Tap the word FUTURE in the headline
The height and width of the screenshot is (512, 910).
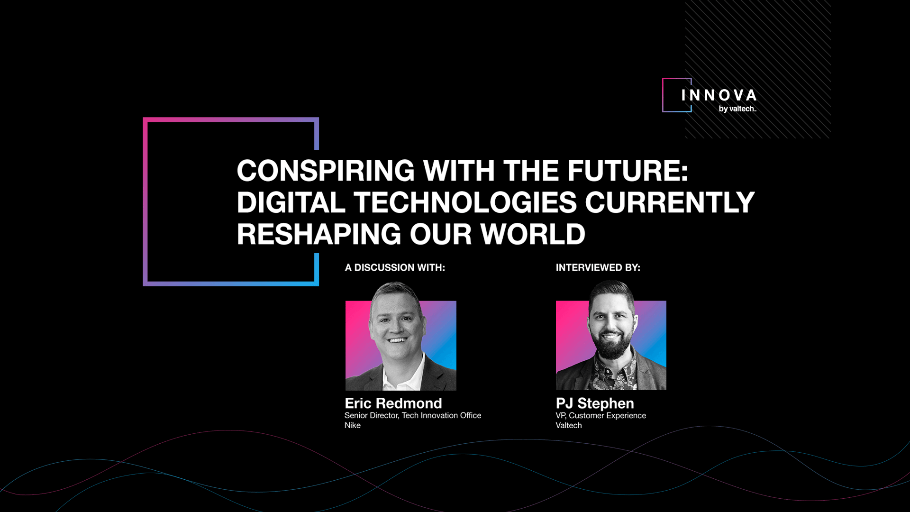click(x=628, y=171)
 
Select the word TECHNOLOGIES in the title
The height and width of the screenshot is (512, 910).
click(x=465, y=202)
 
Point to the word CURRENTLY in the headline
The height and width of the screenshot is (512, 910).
click(x=670, y=202)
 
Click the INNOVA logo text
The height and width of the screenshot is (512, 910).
click(x=719, y=95)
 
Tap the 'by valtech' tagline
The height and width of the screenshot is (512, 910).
click(x=737, y=109)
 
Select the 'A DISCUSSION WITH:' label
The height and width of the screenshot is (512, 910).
click(x=395, y=268)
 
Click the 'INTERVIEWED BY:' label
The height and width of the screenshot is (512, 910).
click(x=598, y=268)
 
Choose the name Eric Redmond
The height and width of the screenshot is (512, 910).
click(x=393, y=403)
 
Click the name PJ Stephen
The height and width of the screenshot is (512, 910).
click(x=595, y=403)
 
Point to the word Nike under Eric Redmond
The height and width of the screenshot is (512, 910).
click(x=353, y=425)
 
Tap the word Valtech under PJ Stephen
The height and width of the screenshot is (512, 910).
click(x=569, y=425)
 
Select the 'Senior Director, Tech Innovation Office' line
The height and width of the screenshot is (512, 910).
click(x=413, y=415)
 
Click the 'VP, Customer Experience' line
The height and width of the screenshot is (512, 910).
click(x=601, y=415)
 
